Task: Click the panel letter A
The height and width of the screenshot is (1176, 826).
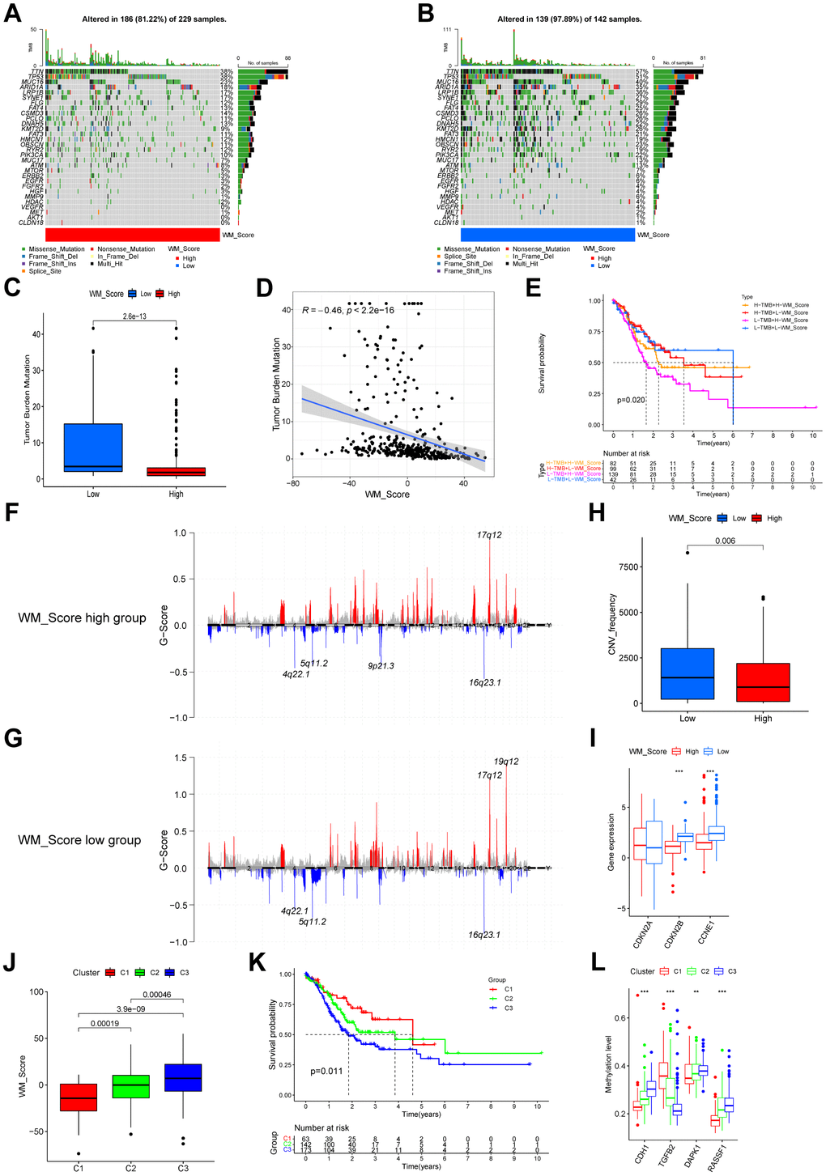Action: click(12, 15)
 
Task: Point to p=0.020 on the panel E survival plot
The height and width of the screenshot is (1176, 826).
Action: click(630, 400)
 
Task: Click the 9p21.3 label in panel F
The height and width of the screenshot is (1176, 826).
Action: click(381, 666)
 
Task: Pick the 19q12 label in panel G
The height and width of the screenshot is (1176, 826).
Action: click(506, 762)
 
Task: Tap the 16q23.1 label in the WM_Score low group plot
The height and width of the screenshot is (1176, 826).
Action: click(484, 935)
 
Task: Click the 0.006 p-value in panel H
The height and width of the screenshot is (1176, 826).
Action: click(726, 541)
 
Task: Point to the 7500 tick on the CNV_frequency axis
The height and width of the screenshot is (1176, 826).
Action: click(628, 567)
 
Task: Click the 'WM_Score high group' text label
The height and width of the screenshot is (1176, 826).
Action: click(82, 618)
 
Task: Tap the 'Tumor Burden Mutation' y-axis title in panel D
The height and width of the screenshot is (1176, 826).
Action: click(276, 384)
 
